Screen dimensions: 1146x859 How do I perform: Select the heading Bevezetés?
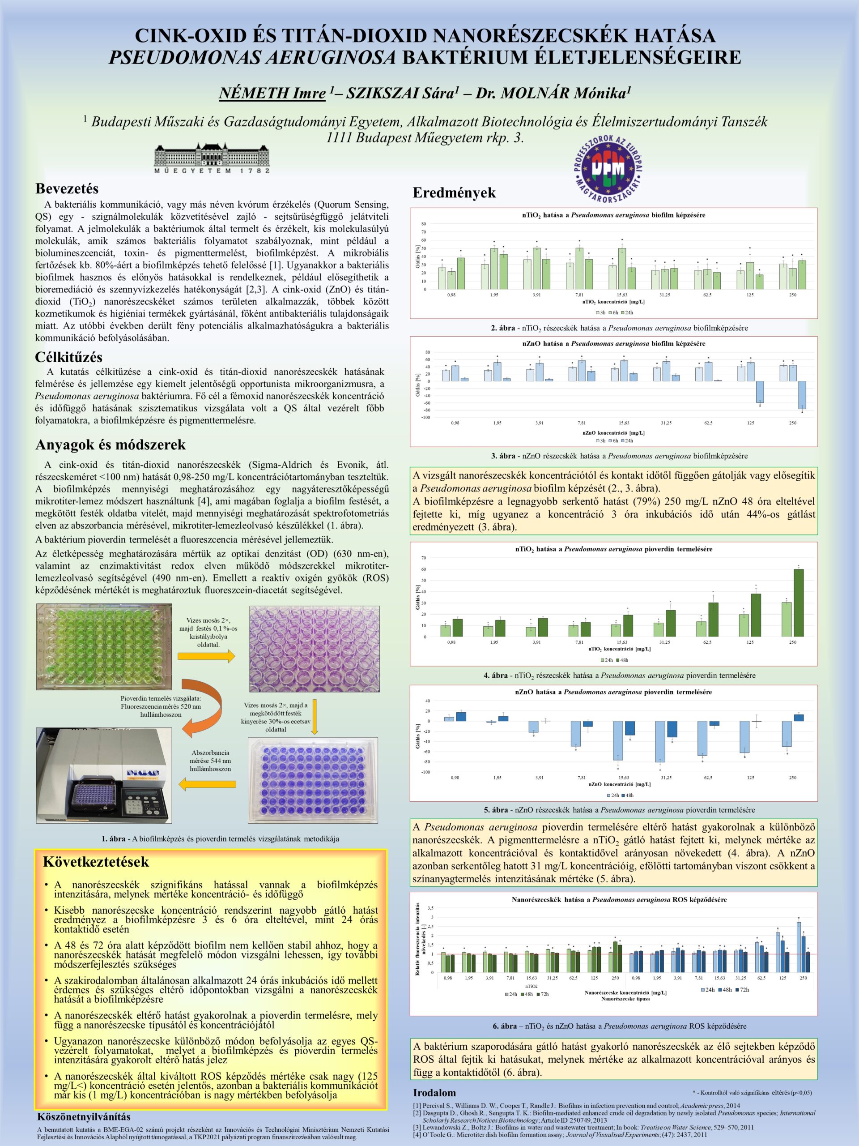pos(67,188)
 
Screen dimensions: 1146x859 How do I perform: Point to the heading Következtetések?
pos(96,862)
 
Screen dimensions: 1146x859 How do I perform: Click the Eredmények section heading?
pos(454,193)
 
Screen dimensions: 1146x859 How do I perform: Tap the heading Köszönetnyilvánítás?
pos(84,1116)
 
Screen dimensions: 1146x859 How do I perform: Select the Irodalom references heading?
pos(434,1093)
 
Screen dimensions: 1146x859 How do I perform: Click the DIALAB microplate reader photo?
pos(103,775)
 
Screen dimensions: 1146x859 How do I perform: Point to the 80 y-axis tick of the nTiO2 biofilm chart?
pos(424,224)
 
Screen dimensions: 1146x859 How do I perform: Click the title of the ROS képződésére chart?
pos(619,899)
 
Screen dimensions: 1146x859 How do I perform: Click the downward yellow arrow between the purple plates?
pos(314,717)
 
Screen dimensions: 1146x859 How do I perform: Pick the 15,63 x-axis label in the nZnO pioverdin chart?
pos(623,777)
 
